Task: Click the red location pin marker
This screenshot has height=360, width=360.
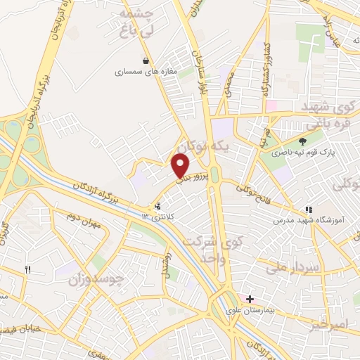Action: (180, 166)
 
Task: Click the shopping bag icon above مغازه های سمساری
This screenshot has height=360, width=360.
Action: (146, 61)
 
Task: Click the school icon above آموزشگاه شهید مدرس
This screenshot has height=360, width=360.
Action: (308, 210)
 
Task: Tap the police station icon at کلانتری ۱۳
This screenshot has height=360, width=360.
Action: (157, 207)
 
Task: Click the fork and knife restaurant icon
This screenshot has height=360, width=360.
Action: (28, 269)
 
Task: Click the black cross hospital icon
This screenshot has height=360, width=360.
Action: (250, 299)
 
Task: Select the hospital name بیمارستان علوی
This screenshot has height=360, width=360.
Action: (241, 310)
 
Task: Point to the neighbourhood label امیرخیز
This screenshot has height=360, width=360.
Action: (328, 326)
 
